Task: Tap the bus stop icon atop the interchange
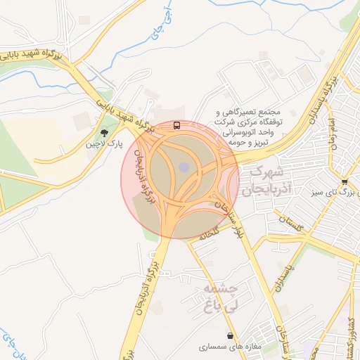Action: pos(176,126)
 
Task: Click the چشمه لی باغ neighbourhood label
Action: pos(221,297)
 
